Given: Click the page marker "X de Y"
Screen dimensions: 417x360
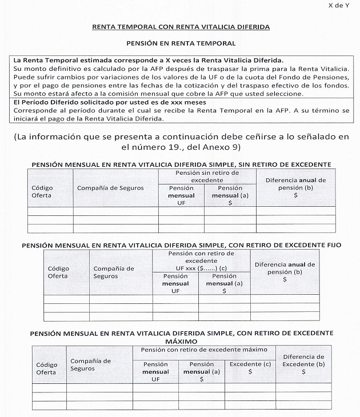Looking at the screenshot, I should click(339, 5).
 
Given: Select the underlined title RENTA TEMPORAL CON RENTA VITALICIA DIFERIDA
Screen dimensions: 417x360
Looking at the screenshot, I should click(180, 27).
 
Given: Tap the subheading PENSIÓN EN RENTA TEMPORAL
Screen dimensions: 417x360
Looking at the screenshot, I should click(180, 43).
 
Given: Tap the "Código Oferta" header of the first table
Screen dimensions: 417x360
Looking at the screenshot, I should click(41, 191).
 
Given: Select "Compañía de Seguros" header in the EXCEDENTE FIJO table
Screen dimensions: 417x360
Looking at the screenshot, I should click(113, 272).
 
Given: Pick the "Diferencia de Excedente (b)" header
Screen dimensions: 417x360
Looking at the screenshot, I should click(303, 364).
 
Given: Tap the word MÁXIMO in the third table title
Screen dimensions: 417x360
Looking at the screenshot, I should click(180, 341).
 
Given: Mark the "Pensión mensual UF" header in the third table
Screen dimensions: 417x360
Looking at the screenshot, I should click(155, 371).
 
